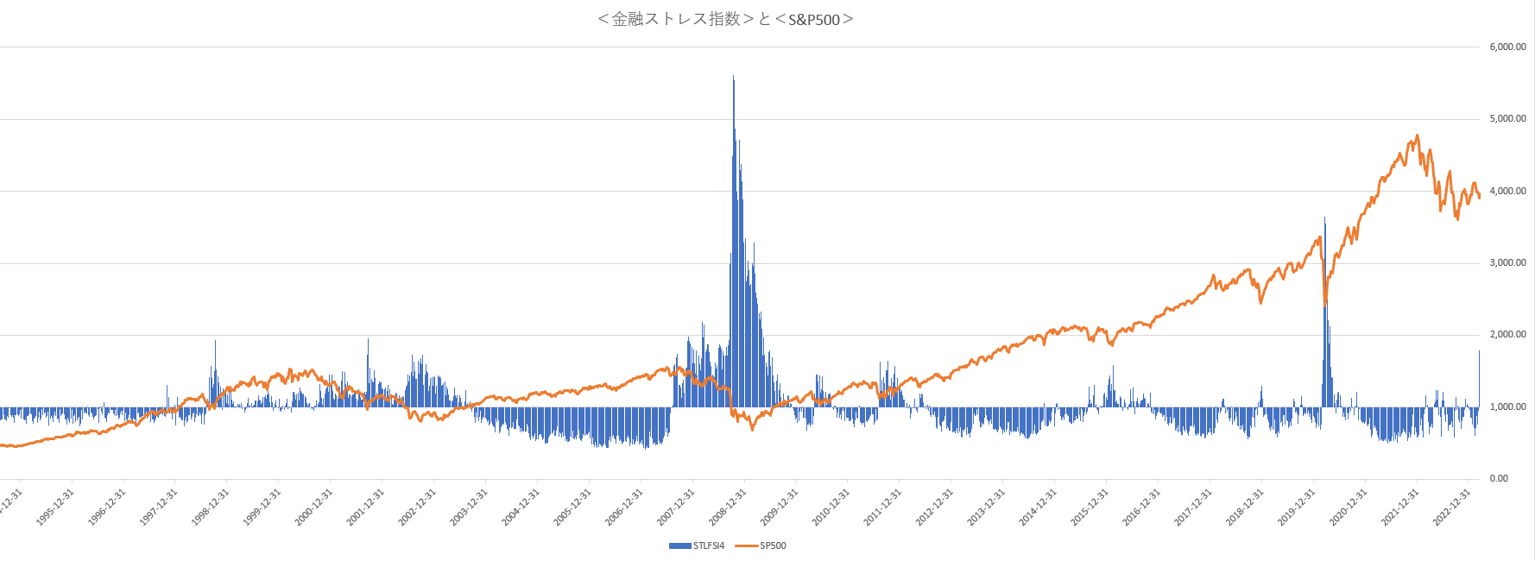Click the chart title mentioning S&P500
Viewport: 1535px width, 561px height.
click(725, 19)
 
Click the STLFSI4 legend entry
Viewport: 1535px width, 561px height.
click(697, 545)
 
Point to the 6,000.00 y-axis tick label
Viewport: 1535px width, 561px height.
click(1507, 47)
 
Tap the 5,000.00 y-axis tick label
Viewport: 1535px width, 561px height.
click(1507, 118)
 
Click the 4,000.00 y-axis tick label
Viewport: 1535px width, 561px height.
click(1507, 191)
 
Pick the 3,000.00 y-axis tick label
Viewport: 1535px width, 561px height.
click(1507, 262)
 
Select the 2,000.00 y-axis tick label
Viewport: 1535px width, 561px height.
click(1507, 334)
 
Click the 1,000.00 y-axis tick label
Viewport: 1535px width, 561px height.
click(1507, 407)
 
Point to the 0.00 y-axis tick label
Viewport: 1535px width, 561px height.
click(1499, 478)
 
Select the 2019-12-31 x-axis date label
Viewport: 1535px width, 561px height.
click(1298, 507)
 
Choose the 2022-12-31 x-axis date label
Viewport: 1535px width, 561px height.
click(1453, 507)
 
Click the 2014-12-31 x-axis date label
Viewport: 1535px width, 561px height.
click(1039, 507)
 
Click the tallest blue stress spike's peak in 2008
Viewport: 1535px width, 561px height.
click(733, 77)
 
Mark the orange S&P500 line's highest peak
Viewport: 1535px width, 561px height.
click(1417, 136)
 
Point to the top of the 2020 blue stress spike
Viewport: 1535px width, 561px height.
click(1325, 218)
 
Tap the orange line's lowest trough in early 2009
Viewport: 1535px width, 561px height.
click(752, 429)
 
